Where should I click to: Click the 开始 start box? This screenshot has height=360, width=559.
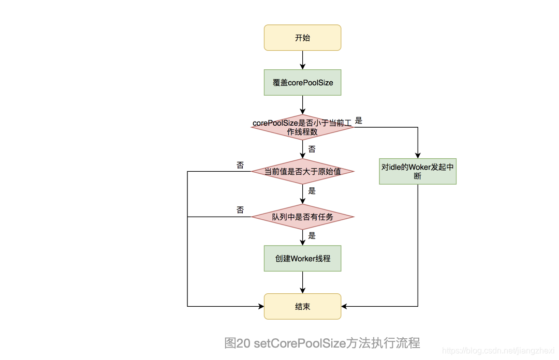pyautogui.click(x=303, y=38)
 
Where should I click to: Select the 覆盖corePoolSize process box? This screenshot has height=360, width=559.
pyautogui.click(x=303, y=83)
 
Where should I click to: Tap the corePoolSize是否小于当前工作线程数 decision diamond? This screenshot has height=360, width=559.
pyautogui.click(x=303, y=127)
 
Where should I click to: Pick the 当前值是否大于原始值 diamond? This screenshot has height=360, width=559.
pyautogui.click(x=303, y=171)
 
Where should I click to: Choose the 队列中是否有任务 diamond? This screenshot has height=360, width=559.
pyautogui.click(x=303, y=217)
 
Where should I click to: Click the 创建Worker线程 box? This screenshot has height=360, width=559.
pyautogui.click(x=303, y=258)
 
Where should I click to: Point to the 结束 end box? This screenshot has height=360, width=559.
pyautogui.click(x=303, y=306)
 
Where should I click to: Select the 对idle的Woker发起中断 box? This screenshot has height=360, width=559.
pyautogui.click(x=418, y=171)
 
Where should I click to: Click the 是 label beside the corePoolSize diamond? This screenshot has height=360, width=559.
pyautogui.click(x=359, y=121)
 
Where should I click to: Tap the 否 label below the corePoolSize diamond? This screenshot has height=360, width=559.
pyautogui.click(x=312, y=149)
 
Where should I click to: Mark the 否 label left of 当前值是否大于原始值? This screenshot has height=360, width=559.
pyautogui.click(x=240, y=165)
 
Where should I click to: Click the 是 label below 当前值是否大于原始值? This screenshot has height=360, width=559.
pyautogui.click(x=312, y=190)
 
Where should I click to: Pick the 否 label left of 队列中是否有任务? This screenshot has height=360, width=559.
pyautogui.click(x=240, y=209)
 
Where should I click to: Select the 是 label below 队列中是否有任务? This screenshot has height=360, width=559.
pyautogui.click(x=312, y=235)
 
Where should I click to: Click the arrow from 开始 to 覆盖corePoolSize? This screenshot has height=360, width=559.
pyautogui.click(x=303, y=60)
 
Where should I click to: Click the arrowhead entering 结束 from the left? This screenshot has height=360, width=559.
pyautogui.click(x=261, y=306)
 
